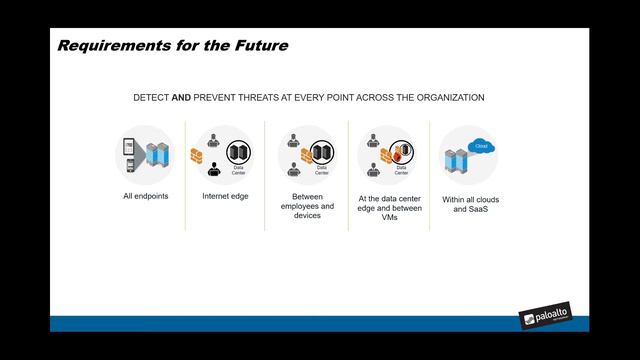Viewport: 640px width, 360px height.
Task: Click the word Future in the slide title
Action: pos(260,45)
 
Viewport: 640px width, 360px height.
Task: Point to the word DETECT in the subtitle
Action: pos(152,98)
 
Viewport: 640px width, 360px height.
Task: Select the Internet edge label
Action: pos(225,196)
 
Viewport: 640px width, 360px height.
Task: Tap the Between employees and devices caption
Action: pos(307,205)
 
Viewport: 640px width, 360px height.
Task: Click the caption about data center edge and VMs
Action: pos(388,209)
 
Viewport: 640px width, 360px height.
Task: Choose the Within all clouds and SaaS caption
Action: pos(470,205)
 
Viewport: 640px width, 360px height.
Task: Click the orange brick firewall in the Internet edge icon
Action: pos(197,156)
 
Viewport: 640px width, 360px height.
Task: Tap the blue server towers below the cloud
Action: pos(458,161)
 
